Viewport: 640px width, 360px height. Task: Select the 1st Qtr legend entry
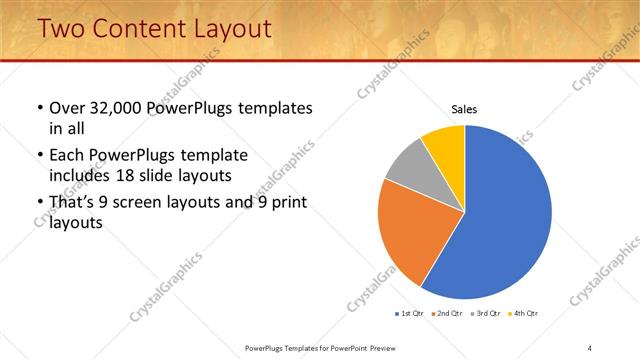409,314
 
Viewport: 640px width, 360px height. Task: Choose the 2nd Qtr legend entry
447,314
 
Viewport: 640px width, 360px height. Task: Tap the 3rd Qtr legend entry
486,314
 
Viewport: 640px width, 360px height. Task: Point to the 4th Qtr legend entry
524,314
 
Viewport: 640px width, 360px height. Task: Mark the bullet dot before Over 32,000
39,108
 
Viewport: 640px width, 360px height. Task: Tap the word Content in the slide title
136,30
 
